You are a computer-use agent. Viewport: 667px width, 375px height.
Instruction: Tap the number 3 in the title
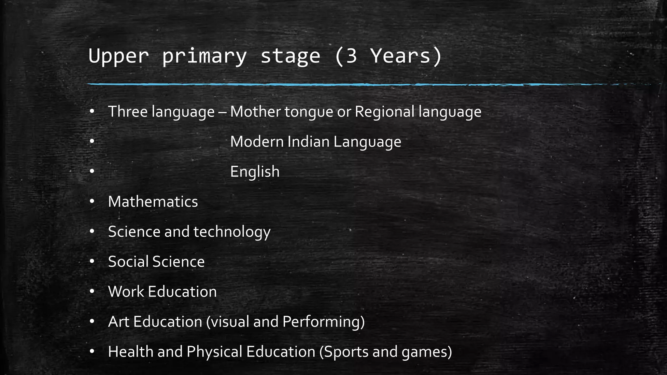(x=351, y=56)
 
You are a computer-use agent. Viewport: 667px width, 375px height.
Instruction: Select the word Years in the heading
(x=401, y=56)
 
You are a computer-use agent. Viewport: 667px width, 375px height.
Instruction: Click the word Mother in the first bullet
(x=255, y=112)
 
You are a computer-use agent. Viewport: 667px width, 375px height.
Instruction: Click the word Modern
(x=257, y=142)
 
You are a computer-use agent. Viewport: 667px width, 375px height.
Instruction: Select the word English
(x=255, y=172)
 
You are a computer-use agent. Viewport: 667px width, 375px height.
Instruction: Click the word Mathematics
(x=153, y=202)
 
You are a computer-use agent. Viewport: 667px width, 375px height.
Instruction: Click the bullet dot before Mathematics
(x=92, y=201)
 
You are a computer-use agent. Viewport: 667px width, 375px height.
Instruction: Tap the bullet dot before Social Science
(x=92, y=261)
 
